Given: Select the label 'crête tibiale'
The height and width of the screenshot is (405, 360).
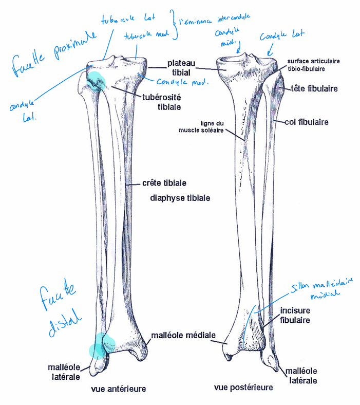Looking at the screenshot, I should pos(164,183).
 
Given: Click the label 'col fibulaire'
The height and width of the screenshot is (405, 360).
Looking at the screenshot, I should pos(308,122).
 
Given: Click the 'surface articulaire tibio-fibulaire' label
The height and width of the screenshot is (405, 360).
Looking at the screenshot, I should pos(313,64).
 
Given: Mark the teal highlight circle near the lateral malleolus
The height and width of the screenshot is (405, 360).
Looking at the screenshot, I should pos(98,347).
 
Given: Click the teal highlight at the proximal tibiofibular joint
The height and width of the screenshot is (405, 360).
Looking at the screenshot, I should pos(96,81).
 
